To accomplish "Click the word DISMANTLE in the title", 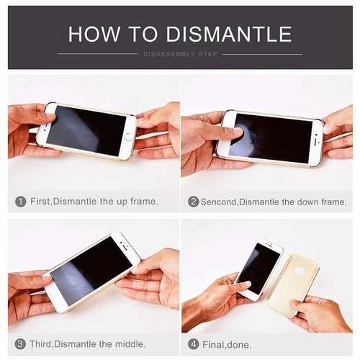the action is [229, 34].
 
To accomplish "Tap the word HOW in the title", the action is [94, 34].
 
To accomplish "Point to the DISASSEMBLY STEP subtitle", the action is [180, 55].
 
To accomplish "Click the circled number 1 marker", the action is [21, 202].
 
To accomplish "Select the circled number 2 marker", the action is [193, 202].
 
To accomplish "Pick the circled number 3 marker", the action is [20, 344].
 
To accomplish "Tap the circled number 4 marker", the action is [194, 344].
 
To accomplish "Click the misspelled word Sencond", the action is [219, 202].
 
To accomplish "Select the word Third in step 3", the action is [40, 344].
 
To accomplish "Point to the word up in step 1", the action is [122, 202].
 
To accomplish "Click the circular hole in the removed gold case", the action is [300, 271].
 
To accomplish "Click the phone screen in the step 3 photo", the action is [91, 271].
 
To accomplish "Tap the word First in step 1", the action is [40, 202].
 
